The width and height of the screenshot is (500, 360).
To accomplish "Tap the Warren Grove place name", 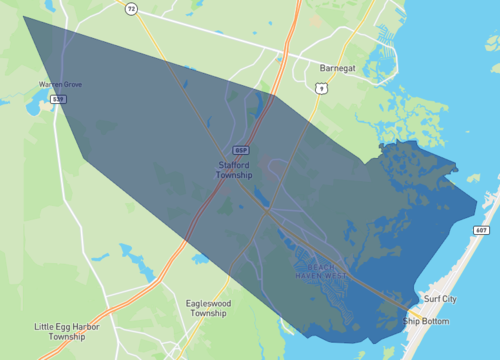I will coord(60,84).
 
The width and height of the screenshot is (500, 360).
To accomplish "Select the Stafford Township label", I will coord(235,169).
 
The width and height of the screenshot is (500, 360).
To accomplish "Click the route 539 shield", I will coord(59,99).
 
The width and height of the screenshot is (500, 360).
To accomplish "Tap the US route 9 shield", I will coord(321,88).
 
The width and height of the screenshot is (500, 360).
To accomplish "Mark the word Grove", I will coord(71,84).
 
